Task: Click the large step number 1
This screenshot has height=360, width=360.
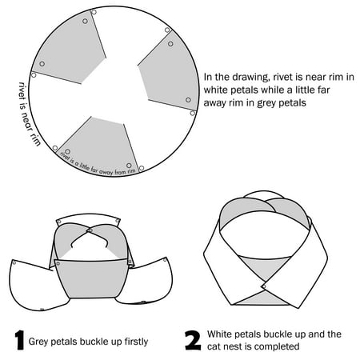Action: coord(20,340)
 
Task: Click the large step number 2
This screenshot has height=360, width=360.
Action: coord(193,340)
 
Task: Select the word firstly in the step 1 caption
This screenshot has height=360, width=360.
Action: coord(136,342)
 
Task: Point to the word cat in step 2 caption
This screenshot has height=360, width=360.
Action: coord(214,347)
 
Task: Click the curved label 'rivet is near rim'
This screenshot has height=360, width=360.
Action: coord(29,114)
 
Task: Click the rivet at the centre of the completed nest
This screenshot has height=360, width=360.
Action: coord(264,286)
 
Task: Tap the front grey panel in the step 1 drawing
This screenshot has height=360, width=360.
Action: coord(92,278)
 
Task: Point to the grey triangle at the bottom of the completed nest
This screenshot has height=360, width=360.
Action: coord(262,298)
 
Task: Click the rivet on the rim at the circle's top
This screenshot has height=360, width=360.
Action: coord(94,12)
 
